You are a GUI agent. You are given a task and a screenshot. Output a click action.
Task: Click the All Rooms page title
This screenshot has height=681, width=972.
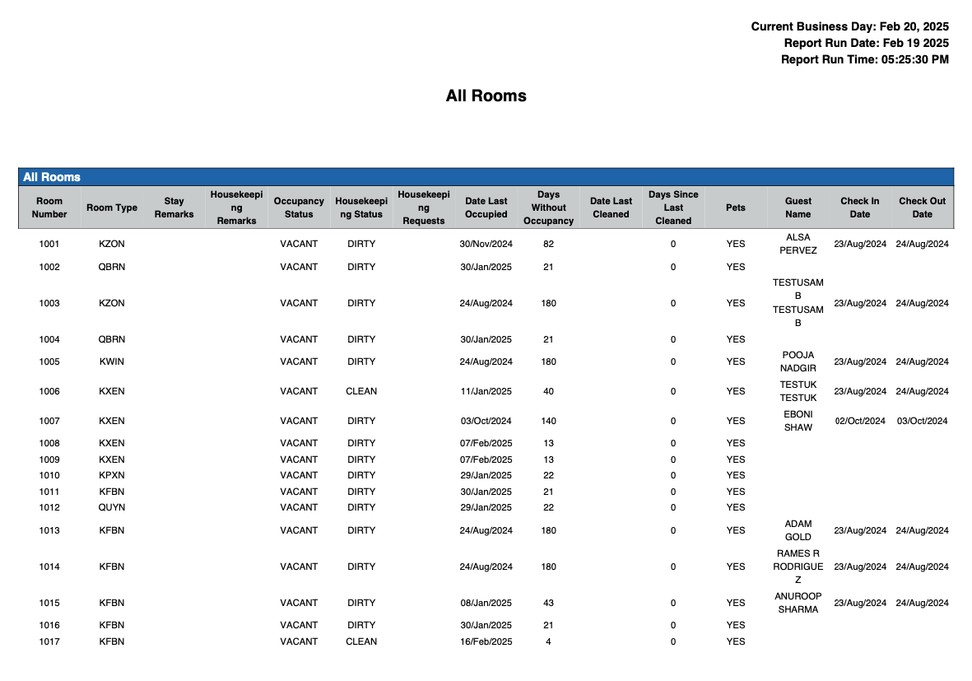[486, 96]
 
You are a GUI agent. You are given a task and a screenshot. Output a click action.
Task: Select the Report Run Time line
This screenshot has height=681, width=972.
[864, 59]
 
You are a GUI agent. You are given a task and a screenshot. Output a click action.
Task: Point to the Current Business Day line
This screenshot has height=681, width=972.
[849, 26]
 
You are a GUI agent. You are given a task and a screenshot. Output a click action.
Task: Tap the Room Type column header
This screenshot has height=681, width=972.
[112, 208]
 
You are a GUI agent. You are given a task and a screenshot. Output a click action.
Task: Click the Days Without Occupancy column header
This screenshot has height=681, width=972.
[548, 208]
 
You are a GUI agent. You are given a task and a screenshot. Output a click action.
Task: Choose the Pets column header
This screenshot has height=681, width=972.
[735, 208]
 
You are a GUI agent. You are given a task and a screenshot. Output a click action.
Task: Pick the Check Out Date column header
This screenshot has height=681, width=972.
[922, 208]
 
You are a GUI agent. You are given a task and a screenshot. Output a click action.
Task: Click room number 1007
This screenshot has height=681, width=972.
[49, 421]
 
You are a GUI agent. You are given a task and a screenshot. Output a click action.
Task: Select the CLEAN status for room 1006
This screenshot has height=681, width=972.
[361, 391]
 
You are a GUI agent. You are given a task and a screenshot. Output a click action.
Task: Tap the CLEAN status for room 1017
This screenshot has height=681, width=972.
[361, 641]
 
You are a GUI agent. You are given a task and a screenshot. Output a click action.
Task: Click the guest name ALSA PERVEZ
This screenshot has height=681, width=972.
[798, 244]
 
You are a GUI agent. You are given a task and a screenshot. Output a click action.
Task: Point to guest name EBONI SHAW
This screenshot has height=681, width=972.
[798, 421]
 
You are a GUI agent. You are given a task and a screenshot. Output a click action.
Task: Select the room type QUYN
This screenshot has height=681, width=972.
[112, 507]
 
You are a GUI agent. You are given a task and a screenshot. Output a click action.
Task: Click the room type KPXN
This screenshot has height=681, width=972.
[112, 475]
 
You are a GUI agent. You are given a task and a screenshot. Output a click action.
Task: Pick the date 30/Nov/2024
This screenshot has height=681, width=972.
[486, 244]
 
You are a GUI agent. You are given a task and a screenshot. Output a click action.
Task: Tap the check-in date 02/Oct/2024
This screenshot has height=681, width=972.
[860, 421]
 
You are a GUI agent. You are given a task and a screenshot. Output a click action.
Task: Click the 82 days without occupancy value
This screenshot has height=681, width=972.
[548, 244]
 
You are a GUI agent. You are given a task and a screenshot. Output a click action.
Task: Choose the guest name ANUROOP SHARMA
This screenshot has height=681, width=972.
[798, 603]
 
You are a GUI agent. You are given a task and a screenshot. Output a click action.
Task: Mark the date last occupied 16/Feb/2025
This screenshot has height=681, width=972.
[486, 641]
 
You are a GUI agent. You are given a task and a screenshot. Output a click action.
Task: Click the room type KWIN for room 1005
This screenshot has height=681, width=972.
[112, 361]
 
